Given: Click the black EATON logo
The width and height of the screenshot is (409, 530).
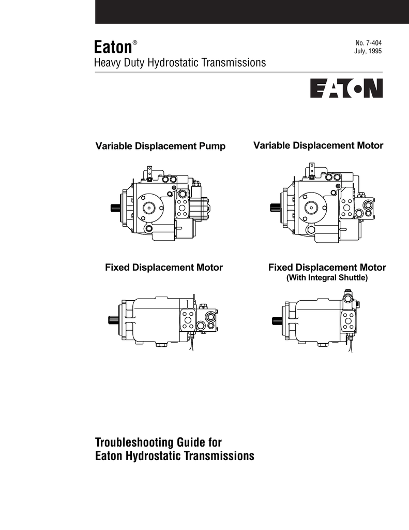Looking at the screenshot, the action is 346,88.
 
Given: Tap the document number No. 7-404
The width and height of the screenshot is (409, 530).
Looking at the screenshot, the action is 369,43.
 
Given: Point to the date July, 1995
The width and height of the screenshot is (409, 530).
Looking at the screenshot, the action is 368,51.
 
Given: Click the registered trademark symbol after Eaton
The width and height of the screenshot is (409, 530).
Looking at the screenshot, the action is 135,42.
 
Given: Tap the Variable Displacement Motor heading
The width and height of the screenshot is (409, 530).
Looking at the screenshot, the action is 318,145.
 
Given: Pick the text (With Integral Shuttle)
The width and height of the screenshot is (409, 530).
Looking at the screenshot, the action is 327,278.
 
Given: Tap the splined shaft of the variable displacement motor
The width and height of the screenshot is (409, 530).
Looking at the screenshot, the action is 275,208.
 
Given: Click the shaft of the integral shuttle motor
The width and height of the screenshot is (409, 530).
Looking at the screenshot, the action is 277,320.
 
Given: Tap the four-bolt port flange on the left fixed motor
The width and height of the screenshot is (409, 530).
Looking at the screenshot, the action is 188,320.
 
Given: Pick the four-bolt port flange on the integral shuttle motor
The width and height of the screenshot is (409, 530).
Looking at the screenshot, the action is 348,321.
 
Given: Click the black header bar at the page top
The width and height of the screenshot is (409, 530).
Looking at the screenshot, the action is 252,12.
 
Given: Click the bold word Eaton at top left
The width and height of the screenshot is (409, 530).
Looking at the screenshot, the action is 113,47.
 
